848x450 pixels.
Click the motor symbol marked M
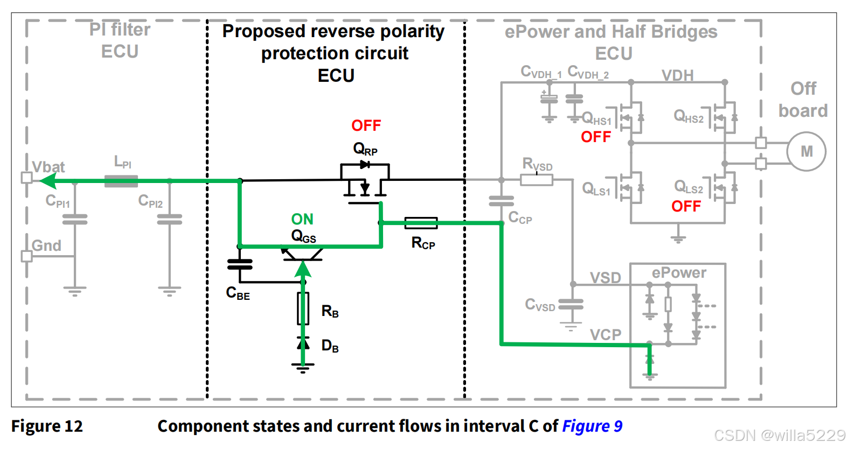tap(806, 152)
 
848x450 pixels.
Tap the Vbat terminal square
tap(26, 178)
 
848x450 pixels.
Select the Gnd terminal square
tap(26, 256)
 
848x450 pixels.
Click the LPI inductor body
tap(121, 181)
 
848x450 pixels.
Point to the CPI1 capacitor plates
tap(75, 219)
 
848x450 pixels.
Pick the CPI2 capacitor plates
tap(170, 219)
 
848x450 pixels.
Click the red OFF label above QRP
tap(366, 126)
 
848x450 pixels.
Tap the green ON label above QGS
tap(302, 219)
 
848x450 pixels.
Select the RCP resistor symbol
tap(421, 222)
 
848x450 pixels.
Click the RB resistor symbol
tap(303, 308)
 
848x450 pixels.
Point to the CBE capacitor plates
tap(240, 264)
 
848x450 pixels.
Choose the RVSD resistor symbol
tap(536, 180)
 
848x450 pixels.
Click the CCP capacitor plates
tap(501, 201)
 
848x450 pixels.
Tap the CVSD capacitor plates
tap(571, 305)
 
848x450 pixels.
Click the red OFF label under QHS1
tap(596, 137)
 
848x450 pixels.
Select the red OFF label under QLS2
tap(686, 206)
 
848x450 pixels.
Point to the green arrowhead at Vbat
tap(47, 181)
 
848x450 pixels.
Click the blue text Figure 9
tap(592, 426)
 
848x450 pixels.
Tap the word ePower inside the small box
tap(679, 273)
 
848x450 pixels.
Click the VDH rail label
tap(677, 75)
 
